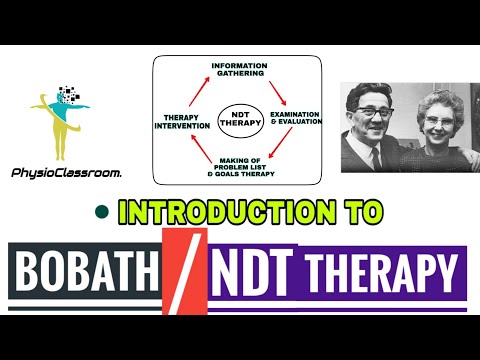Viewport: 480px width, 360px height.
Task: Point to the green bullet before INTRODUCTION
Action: tap(101, 212)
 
